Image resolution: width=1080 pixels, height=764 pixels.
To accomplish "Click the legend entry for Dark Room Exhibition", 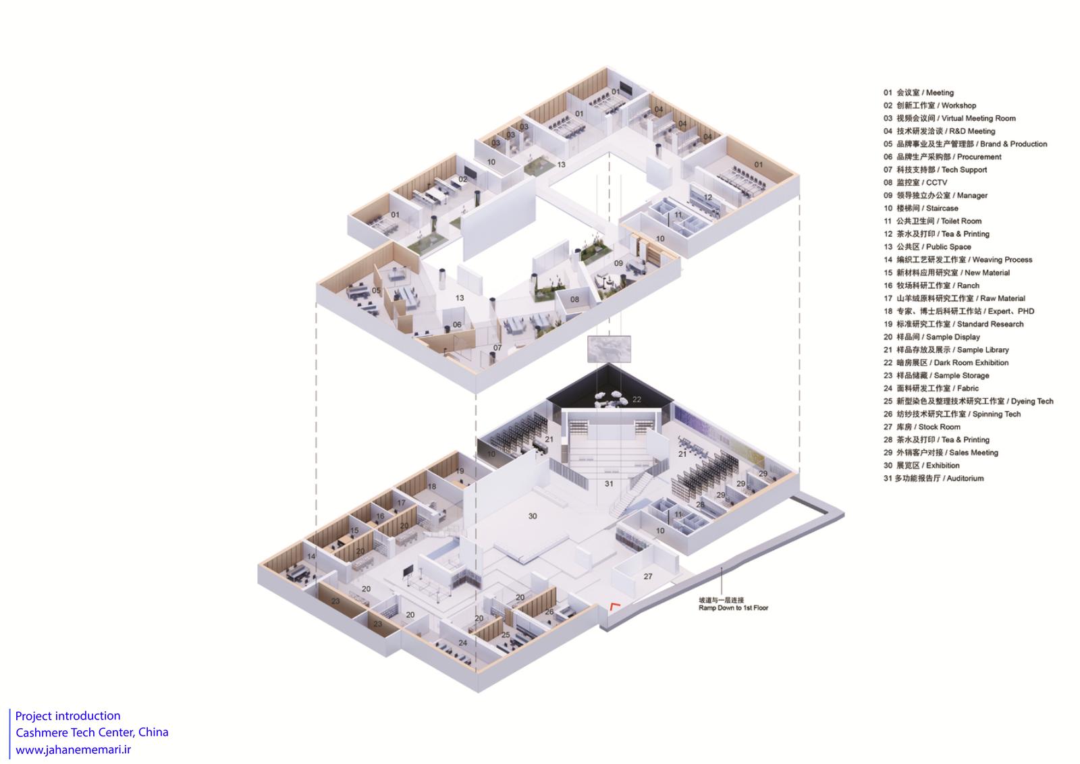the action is click(x=946, y=362).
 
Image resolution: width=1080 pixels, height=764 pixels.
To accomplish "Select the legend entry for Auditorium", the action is click(x=934, y=478).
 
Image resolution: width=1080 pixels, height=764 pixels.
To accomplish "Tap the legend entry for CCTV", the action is click(x=915, y=182).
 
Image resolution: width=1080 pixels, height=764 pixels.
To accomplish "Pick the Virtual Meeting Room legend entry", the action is click(x=949, y=118).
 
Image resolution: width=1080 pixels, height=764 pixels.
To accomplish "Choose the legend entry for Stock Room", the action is click(x=921, y=427).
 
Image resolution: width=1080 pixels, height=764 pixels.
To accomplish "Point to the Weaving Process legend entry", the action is click(x=958, y=259).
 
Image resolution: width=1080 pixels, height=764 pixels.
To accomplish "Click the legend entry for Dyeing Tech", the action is click(x=968, y=401).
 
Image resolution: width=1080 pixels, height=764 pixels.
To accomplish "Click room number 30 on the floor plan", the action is click(x=533, y=516).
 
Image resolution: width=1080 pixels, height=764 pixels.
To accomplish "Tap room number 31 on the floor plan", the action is click(x=609, y=483).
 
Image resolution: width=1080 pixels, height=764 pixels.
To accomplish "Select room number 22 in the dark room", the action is click(x=637, y=399).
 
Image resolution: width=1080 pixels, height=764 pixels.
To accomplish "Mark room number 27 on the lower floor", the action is click(x=648, y=576).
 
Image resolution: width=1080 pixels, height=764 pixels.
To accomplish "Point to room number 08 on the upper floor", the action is click(x=574, y=300).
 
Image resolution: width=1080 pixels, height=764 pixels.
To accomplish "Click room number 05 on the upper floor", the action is click(x=376, y=290).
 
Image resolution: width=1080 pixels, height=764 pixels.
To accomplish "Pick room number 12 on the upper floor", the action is click(x=708, y=197).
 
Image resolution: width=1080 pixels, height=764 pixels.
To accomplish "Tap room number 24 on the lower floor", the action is click(x=463, y=643).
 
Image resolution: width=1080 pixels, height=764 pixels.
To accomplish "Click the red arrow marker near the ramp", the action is click(x=614, y=606).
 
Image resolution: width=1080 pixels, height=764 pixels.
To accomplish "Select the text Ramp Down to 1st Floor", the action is click(x=733, y=608).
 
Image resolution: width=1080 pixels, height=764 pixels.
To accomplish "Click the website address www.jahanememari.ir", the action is click(x=74, y=750).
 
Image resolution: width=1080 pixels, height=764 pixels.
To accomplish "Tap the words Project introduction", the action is click(x=68, y=716).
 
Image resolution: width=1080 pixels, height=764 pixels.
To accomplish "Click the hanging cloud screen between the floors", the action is click(x=609, y=348).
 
